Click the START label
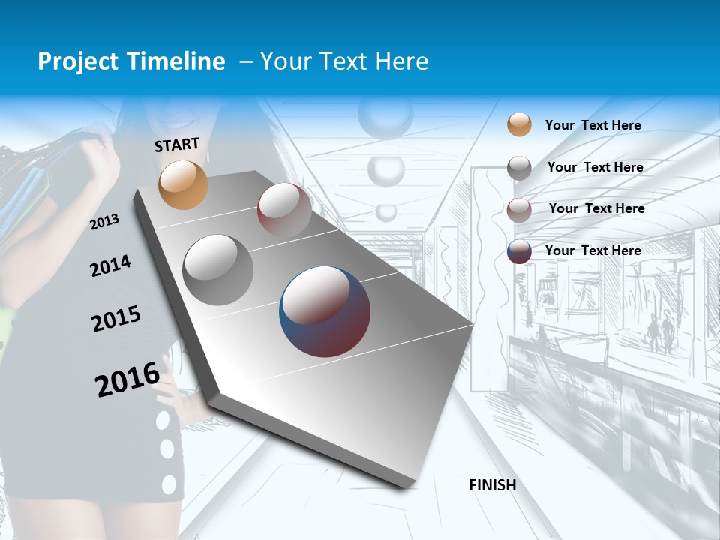177,145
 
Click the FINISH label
493,485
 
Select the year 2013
105,222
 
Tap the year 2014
111,266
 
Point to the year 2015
116,319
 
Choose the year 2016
127,379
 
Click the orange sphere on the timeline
184,184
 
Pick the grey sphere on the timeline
218,270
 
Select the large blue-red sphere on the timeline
325,311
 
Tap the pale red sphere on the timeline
284,209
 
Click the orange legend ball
519,124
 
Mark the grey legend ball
519,168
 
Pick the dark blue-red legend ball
519,251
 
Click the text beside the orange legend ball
593,125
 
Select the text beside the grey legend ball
595,167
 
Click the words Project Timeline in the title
131,61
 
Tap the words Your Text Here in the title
344,61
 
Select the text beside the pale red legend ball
596,208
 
